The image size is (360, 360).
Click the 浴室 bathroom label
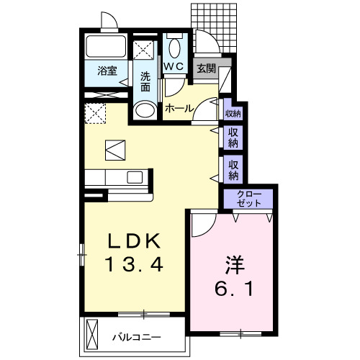click(x=107, y=71)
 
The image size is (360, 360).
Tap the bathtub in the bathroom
click(x=106, y=46)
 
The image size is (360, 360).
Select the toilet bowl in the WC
click(x=175, y=48)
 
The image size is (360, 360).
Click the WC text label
click(x=174, y=66)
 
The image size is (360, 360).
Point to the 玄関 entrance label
click(x=207, y=68)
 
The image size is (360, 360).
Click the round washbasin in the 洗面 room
click(x=145, y=110)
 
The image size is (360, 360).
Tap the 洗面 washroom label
click(x=145, y=81)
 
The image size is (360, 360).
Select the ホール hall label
click(x=179, y=109)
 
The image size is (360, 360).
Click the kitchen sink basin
click(x=135, y=177)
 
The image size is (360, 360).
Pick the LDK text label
click(x=135, y=240)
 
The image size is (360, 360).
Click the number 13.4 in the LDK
click(x=134, y=264)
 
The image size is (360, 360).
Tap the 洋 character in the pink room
click(x=235, y=265)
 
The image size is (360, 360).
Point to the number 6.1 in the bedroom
click(x=234, y=289)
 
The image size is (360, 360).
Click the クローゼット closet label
click(x=248, y=199)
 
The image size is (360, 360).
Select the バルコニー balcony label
click(x=137, y=338)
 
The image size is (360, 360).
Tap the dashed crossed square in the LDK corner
click(x=95, y=113)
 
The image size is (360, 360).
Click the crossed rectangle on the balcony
click(x=92, y=334)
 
